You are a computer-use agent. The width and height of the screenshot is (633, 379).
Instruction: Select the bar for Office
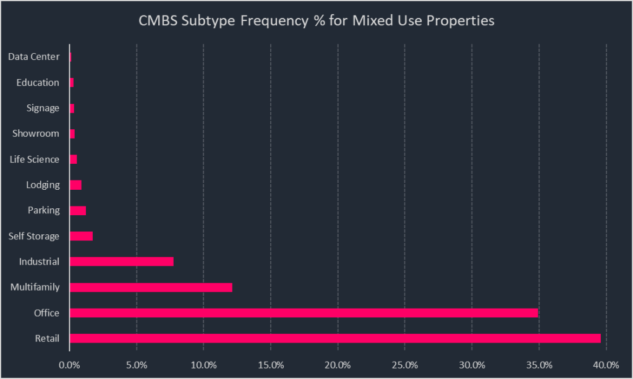click(304, 313)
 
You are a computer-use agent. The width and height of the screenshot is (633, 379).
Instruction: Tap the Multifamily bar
click(151, 287)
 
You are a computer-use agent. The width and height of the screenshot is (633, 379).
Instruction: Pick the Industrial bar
click(121, 262)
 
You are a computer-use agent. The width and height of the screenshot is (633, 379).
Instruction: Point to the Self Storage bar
click(81, 236)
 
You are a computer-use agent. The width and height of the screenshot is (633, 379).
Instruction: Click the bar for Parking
click(78, 210)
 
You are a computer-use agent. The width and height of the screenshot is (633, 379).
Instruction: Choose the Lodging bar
click(75, 185)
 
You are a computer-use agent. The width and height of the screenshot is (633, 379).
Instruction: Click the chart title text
click(316, 20)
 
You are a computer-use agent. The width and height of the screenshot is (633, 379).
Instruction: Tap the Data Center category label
click(34, 57)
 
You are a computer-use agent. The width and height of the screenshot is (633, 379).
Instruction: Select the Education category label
click(38, 83)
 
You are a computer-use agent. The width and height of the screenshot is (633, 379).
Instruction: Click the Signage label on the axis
click(43, 108)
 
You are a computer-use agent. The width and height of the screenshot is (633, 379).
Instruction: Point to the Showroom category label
click(36, 134)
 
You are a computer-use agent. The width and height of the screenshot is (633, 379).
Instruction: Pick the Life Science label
click(35, 160)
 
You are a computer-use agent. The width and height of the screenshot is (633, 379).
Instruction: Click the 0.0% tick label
click(70, 365)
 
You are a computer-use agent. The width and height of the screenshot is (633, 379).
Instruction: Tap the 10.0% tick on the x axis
click(204, 365)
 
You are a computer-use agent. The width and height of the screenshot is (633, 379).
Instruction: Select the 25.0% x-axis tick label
click(405, 365)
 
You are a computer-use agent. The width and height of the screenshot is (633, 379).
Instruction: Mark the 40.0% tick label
click(606, 365)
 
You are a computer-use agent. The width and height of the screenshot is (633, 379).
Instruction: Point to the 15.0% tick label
click(271, 365)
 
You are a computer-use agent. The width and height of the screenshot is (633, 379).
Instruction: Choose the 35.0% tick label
click(539, 365)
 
